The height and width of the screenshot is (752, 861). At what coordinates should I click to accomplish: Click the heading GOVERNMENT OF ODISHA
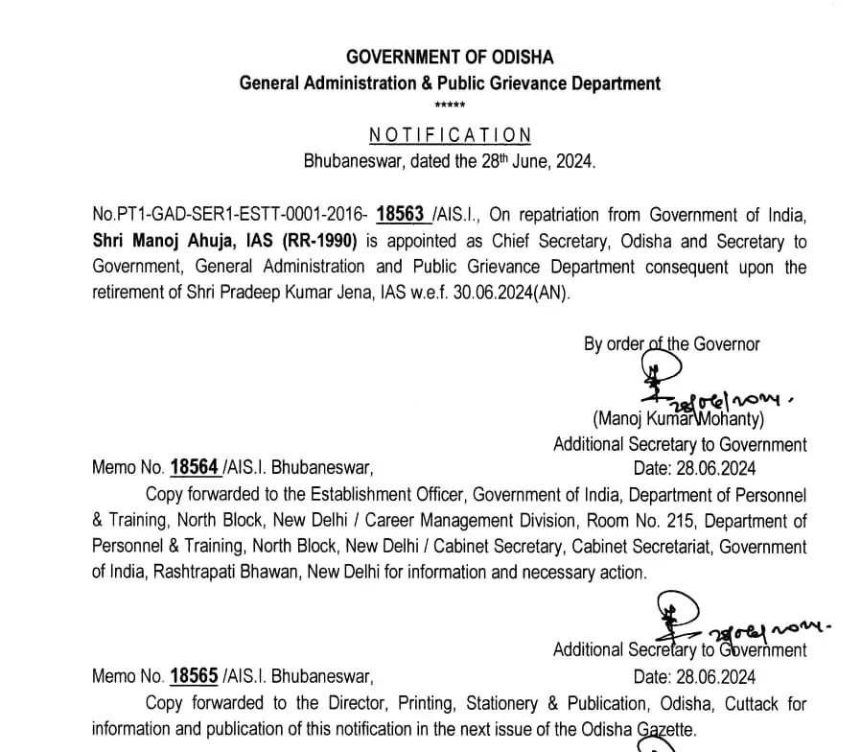[x=450, y=58]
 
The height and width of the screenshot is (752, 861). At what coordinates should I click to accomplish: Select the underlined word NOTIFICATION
[x=450, y=135]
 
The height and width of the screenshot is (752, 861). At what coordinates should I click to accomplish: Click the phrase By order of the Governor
[x=671, y=343]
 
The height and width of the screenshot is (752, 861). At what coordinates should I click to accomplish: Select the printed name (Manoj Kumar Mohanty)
[x=677, y=418]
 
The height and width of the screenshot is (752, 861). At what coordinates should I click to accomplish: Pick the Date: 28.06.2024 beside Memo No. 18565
[x=695, y=676]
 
